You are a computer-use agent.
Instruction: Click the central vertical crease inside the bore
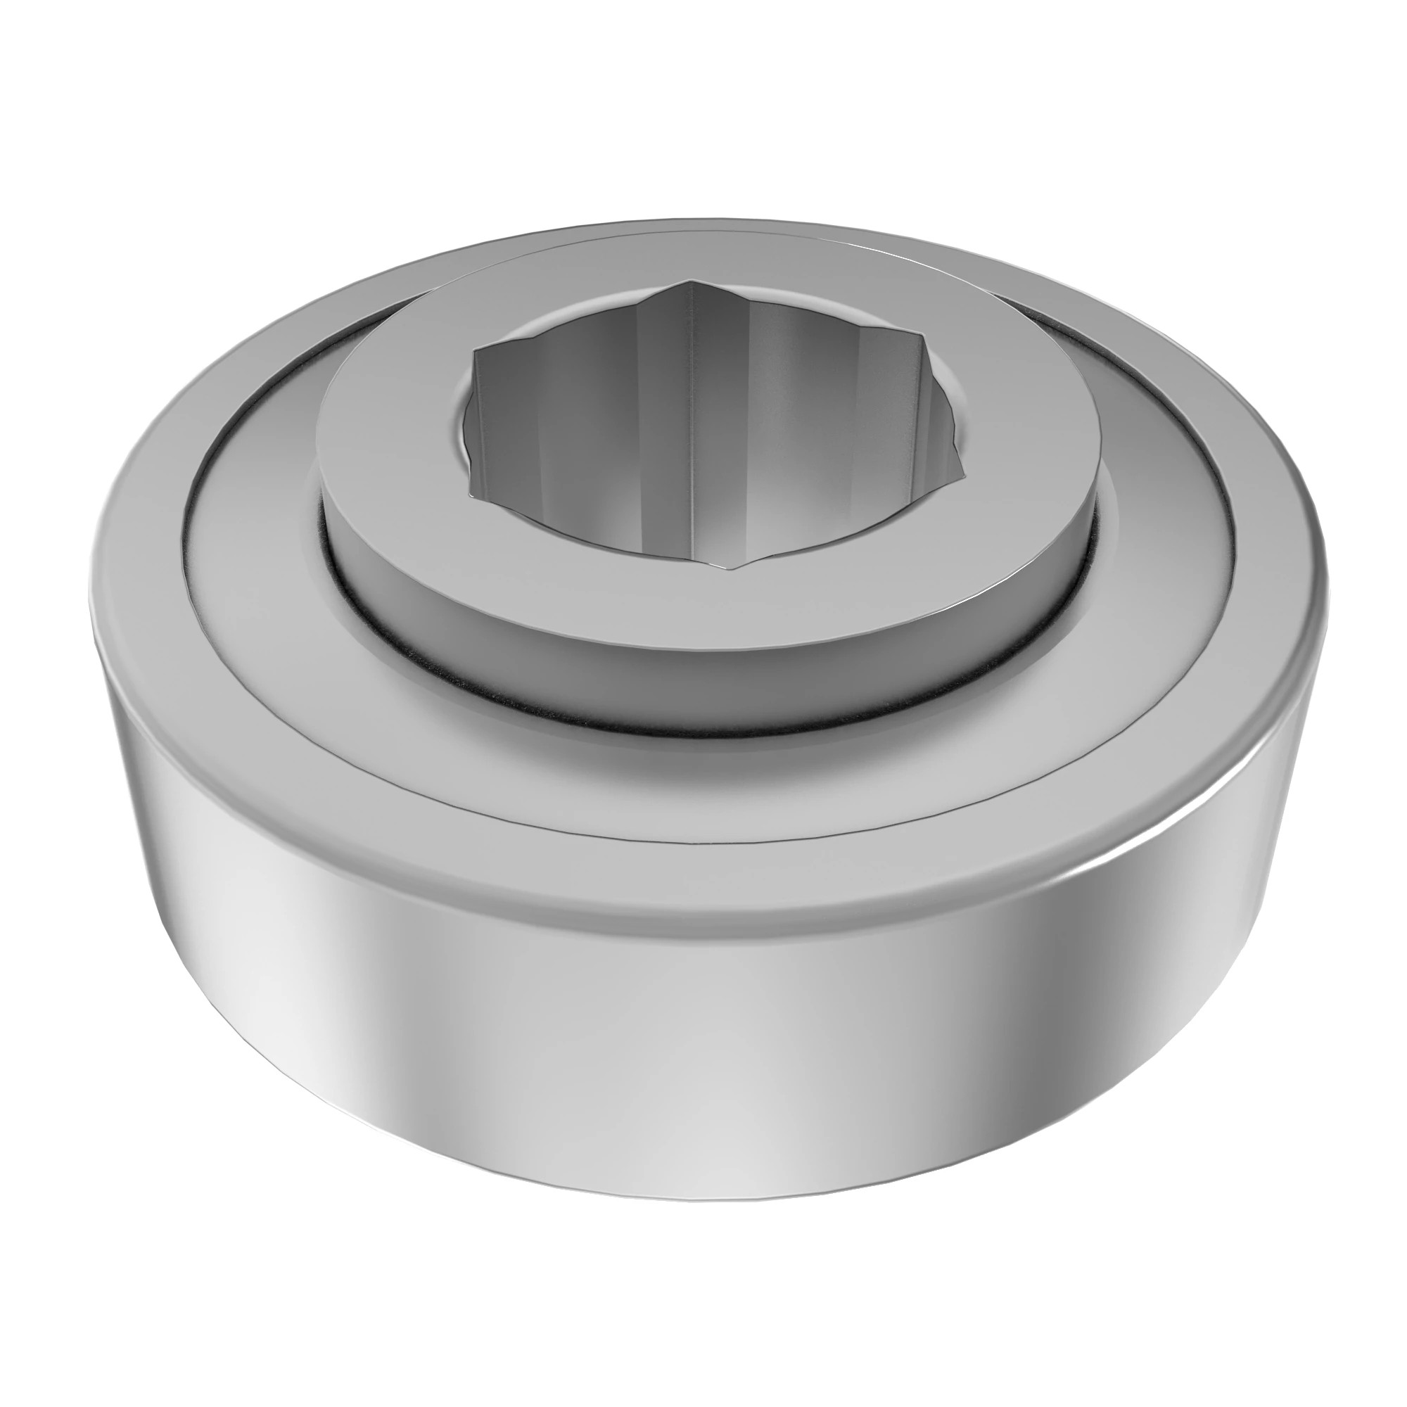(689, 437)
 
